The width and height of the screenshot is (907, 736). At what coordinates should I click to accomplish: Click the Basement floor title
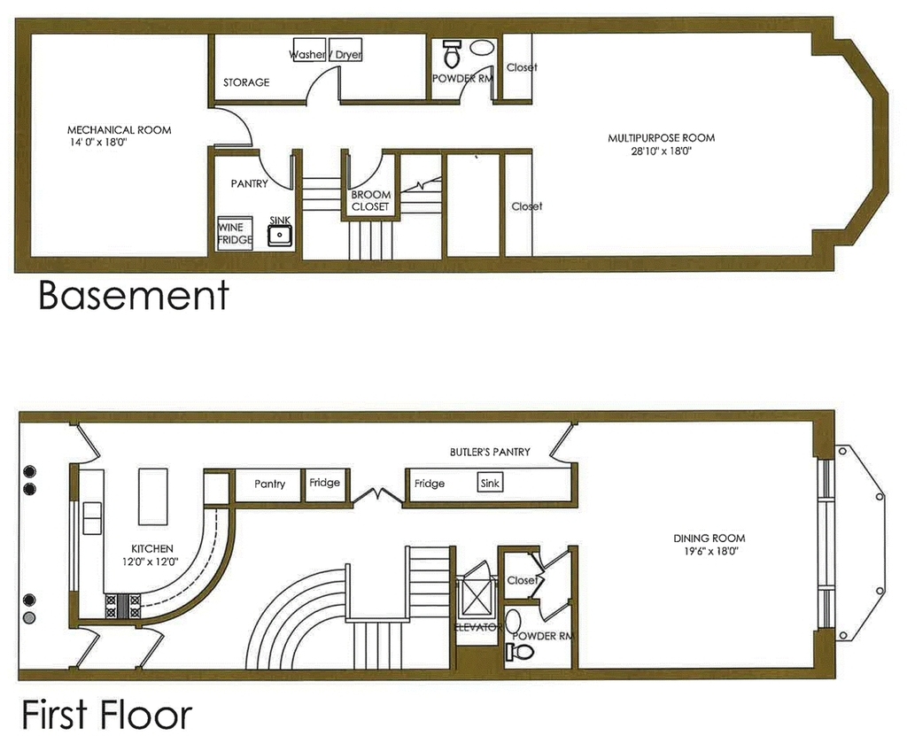click(134, 296)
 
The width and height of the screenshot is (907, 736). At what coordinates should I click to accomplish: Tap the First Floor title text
click(107, 715)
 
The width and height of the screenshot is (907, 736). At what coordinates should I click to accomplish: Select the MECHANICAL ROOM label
click(120, 130)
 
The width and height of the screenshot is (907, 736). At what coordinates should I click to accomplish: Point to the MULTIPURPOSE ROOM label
click(661, 137)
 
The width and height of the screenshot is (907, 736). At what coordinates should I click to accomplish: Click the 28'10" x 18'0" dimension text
click(662, 151)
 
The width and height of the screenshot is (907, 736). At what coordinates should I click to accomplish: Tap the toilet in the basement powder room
click(451, 53)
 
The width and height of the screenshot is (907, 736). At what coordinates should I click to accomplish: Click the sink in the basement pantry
click(281, 235)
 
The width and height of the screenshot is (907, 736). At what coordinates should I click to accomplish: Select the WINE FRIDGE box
click(235, 234)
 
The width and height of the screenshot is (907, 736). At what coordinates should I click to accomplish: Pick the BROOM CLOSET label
click(371, 200)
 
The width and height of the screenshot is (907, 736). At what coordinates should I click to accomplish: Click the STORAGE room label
click(246, 82)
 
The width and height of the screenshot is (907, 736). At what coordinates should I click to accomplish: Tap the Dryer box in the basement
click(345, 50)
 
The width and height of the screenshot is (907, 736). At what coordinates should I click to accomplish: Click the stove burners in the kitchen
click(122, 607)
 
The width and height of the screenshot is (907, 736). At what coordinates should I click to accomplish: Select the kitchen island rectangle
click(152, 497)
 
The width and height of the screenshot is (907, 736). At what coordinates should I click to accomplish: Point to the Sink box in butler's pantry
click(490, 483)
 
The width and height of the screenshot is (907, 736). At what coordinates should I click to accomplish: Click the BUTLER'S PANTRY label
click(490, 452)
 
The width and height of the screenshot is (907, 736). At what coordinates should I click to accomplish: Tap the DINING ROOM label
click(709, 538)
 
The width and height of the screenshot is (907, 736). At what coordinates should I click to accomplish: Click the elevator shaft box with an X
click(476, 596)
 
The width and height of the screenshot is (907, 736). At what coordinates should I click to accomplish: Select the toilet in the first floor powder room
click(520, 652)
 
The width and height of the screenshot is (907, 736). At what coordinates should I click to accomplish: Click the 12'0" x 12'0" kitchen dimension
click(150, 562)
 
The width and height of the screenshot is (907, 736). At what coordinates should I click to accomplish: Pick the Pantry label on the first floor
click(269, 484)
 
